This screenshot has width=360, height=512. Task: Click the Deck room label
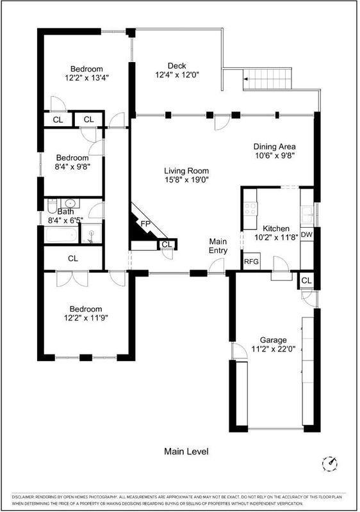tap(177, 66)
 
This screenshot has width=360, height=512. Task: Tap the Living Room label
tap(186, 171)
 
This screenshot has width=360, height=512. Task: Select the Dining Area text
tap(275, 147)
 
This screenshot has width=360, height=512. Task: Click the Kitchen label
tap(276, 228)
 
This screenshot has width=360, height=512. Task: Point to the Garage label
tap(274, 340)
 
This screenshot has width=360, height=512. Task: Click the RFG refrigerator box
tap(252, 261)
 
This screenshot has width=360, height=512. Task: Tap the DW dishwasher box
tap(306, 234)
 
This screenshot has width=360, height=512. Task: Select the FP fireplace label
tap(145, 224)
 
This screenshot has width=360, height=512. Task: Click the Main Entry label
tap(218, 246)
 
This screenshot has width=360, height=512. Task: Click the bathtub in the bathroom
tap(61, 235)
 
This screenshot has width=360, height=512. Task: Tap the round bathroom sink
tap(70, 203)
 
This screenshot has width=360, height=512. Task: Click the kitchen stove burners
tap(250, 209)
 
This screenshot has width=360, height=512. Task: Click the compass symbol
tap(330, 463)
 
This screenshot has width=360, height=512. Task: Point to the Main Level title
tap(186, 451)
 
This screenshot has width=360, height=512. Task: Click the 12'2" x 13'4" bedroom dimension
tap(86, 77)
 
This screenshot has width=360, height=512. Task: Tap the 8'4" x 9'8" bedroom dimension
tap(72, 166)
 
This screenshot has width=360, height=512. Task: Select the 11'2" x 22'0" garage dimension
tap(274, 349)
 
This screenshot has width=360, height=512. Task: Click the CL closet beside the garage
tap(306, 280)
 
